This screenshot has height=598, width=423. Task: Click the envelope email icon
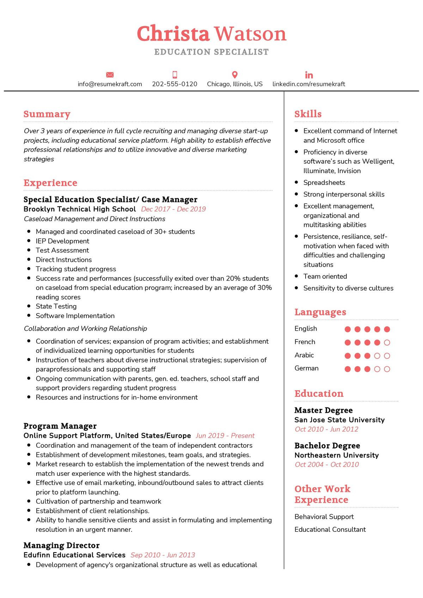(110, 75)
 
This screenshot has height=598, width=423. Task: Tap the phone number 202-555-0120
(174, 84)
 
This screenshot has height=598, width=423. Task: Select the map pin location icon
(235, 75)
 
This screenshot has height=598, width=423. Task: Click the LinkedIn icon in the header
(309, 75)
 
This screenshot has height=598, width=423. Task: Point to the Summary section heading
(47, 114)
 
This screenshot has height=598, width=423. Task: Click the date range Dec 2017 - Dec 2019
(173, 209)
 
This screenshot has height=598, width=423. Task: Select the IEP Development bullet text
(62, 241)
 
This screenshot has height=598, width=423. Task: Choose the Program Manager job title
(60, 426)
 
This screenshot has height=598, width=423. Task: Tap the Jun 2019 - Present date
(225, 436)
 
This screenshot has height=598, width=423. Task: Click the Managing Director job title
(61, 546)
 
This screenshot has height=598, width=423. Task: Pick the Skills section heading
(308, 114)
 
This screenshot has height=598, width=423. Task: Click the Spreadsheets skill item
(324, 182)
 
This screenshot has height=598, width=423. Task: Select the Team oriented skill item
(325, 276)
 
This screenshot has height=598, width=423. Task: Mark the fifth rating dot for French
(387, 342)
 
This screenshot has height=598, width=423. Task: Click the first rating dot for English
(348, 329)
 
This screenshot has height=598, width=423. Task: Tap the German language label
(306, 368)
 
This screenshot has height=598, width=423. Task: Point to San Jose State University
(339, 420)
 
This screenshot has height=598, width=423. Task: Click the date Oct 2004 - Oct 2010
(327, 465)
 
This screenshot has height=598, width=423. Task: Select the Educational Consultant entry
(330, 529)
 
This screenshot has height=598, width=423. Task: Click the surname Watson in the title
(250, 34)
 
